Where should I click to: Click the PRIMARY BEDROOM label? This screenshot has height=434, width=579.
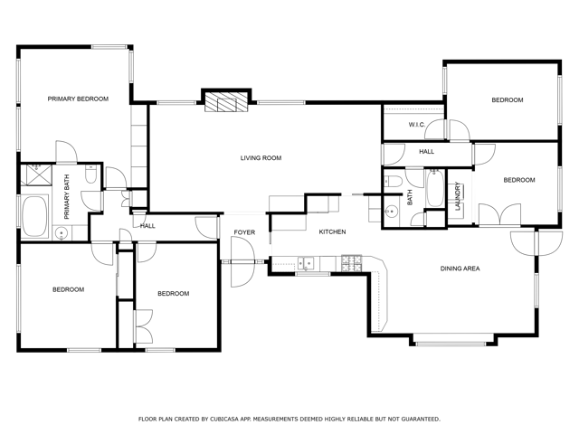[x=78, y=99]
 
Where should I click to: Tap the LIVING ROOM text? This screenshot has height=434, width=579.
[x=261, y=158]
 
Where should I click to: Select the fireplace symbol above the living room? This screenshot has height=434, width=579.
[x=226, y=101]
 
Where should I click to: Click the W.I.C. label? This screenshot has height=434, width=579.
[x=416, y=125]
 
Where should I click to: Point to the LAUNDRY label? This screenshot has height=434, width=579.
[x=458, y=196]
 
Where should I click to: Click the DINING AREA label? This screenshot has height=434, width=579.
[x=460, y=269]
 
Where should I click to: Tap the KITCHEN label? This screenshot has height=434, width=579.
[x=332, y=231]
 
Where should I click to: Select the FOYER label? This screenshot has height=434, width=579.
[x=244, y=232]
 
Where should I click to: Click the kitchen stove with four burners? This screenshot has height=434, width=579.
[x=352, y=263]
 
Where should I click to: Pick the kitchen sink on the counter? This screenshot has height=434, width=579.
[x=306, y=263]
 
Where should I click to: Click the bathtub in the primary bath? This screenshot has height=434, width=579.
[x=34, y=217]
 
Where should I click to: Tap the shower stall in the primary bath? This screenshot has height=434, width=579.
[x=36, y=175]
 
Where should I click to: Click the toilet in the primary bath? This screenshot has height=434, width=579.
[x=90, y=175]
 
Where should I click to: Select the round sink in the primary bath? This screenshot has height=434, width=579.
[x=62, y=233]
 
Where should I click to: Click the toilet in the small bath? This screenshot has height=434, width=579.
[x=393, y=182]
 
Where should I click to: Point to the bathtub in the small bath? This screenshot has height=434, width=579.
[x=435, y=189]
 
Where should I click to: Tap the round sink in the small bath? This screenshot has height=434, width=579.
[x=390, y=212]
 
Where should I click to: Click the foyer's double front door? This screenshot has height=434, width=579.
[x=242, y=262]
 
